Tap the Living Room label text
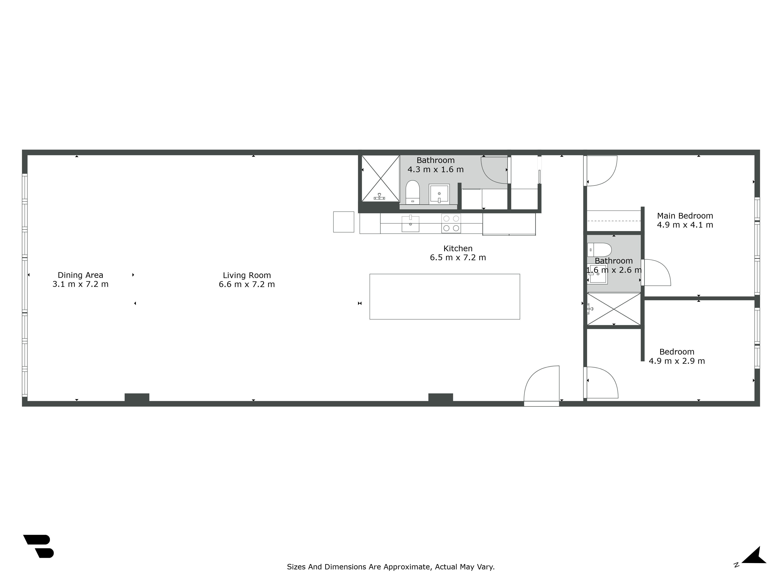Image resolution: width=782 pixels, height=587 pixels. (247, 275)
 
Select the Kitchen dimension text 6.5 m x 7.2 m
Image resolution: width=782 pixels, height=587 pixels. (458, 257)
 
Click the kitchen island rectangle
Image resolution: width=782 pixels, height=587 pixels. (444, 296)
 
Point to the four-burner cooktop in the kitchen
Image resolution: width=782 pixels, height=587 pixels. (451, 223)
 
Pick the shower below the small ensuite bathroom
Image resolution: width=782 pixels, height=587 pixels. (614, 309)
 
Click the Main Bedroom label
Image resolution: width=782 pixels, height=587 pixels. (685, 216)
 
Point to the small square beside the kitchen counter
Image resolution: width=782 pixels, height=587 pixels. (343, 222)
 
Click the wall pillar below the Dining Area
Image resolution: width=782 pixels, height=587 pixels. (137, 397)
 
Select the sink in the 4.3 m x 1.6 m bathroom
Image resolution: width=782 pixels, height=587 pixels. (439, 194)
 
